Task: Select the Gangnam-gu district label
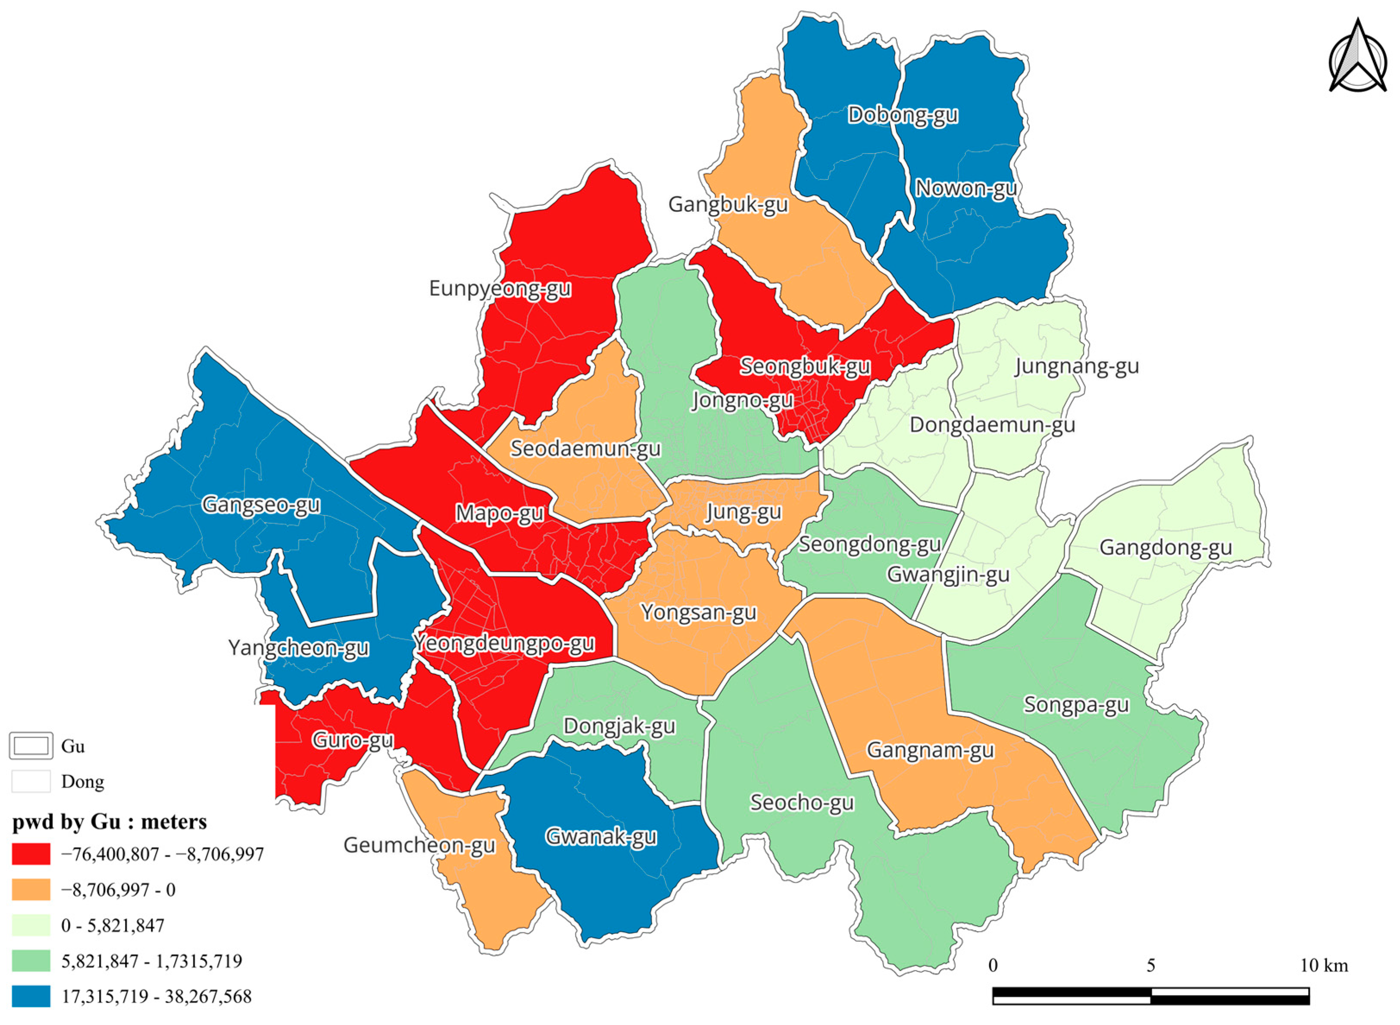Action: [x=930, y=750]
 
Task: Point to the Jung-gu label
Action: [x=744, y=512]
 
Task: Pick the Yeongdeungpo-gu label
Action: [x=504, y=643]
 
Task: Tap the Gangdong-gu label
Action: [x=1165, y=548]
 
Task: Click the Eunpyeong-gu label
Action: [x=500, y=289]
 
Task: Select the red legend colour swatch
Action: [x=31, y=854]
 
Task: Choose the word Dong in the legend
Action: [x=82, y=782]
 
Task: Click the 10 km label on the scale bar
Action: [x=1324, y=965]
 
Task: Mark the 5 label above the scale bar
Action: [x=1151, y=965]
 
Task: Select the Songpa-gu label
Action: [x=1076, y=705]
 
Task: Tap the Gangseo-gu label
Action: [x=261, y=504]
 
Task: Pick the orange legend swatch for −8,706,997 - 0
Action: [x=31, y=890]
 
